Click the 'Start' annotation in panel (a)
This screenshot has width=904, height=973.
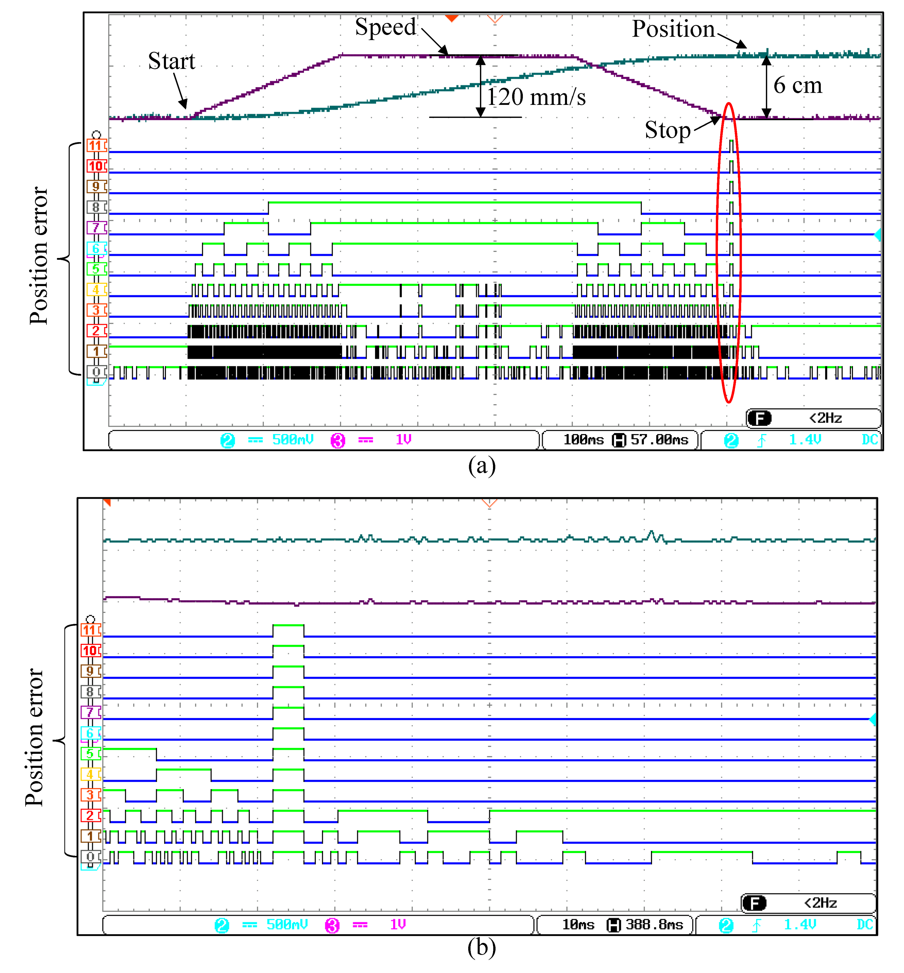pyautogui.click(x=171, y=62)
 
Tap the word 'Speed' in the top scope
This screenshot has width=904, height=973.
pyautogui.click(x=385, y=27)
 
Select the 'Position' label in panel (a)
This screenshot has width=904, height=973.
pyautogui.click(x=673, y=29)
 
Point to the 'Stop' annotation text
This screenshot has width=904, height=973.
pyautogui.click(x=667, y=130)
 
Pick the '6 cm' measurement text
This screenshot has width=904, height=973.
pyautogui.click(x=797, y=86)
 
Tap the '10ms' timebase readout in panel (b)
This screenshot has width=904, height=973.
pyautogui.click(x=578, y=924)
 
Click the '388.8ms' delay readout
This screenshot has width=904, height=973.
pyautogui.click(x=654, y=924)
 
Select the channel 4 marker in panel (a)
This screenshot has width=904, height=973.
pyautogui.click(x=95, y=289)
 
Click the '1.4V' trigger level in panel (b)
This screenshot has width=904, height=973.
pyautogui.click(x=800, y=924)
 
